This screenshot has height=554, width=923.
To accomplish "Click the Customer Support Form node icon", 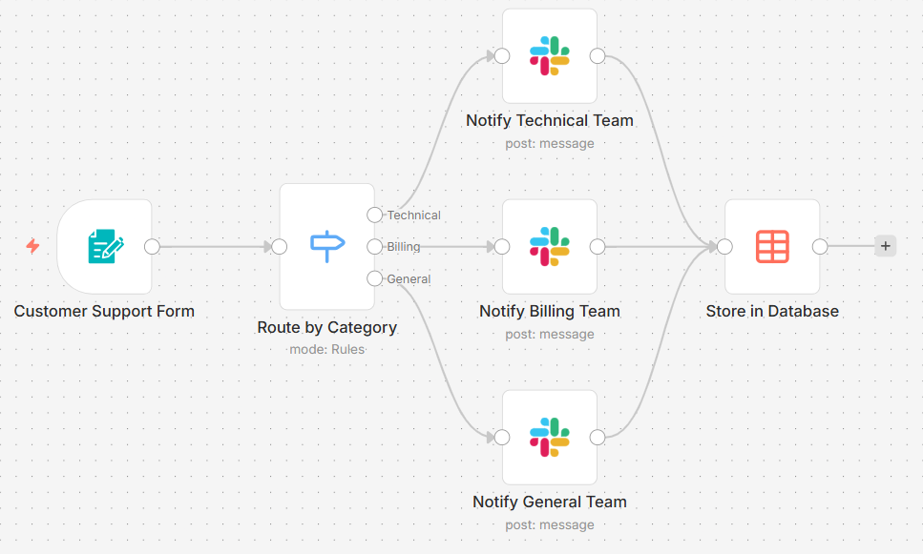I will point(105,247).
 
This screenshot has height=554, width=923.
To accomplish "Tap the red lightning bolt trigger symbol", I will point(32,247).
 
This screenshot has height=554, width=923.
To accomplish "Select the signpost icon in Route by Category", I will point(327,247).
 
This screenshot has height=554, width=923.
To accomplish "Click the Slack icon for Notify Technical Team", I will point(550,56).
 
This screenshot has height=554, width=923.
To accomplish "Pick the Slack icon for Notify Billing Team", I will point(550,247).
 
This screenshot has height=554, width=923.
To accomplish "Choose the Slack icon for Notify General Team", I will point(550,438).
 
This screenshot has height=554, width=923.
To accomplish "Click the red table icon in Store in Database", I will point(772,247).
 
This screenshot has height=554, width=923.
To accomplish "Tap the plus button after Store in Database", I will point(885,246).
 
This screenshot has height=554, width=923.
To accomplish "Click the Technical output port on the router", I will point(374,215).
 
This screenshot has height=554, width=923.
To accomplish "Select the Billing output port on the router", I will point(374,247).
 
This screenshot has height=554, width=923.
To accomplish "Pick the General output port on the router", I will point(374,278).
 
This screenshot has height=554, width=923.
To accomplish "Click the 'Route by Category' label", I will point(326,327).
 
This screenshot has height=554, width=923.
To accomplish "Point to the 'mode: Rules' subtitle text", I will point(326,349).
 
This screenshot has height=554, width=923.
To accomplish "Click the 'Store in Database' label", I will point(772,311).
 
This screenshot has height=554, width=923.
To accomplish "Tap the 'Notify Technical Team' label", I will point(550,120).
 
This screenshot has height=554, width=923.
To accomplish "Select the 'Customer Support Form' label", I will point(104,311).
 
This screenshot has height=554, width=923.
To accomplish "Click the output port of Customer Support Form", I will point(152,247).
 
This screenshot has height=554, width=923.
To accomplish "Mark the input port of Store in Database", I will point(724,247).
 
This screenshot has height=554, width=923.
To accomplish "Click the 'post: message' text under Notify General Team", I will point(550,524).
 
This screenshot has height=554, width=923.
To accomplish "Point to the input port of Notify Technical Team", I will point(502,56).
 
